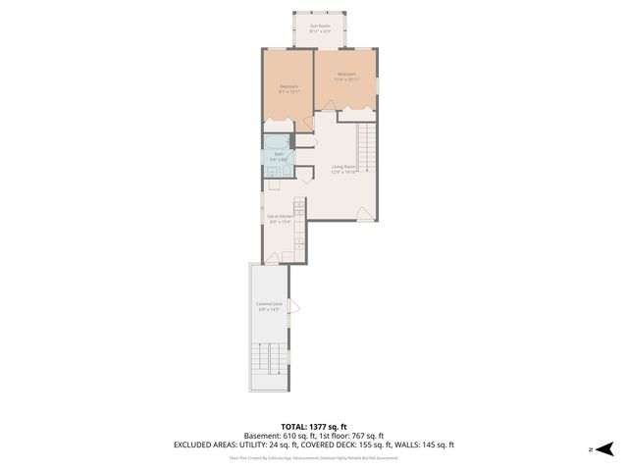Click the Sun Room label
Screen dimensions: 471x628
pyautogui.click(x=320, y=28)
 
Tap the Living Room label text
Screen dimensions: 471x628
pyautogui.click(x=342, y=169)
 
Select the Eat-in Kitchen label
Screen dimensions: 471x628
pyautogui.click(x=281, y=219)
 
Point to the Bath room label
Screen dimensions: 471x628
pyautogui.click(x=279, y=156)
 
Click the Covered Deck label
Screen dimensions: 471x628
pyautogui.click(x=270, y=307)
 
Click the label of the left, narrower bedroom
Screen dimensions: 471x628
pyautogui.click(x=288, y=89)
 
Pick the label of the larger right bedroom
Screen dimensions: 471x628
pyautogui.click(x=346, y=77)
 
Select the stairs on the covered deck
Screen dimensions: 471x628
pyautogui.click(x=269, y=365)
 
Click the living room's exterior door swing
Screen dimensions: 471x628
pyautogui.click(x=364, y=213)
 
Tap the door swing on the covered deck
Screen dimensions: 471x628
pyautogui.click(x=292, y=307)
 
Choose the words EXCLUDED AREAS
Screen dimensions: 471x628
pyautogui.click(x=205, y=445)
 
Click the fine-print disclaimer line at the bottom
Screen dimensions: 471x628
pyautogui.click(x=313, y=457)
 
